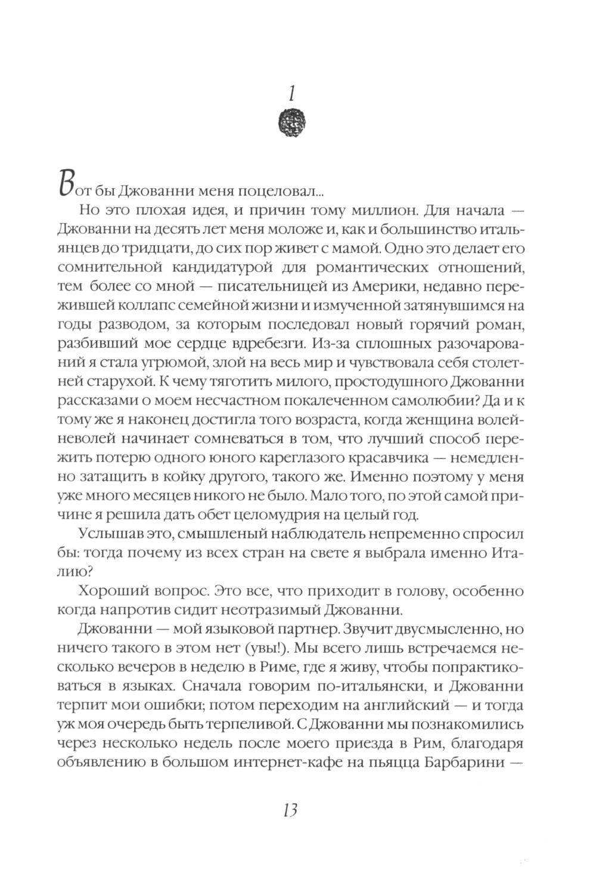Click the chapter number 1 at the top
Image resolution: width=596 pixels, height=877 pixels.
[293, 93]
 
